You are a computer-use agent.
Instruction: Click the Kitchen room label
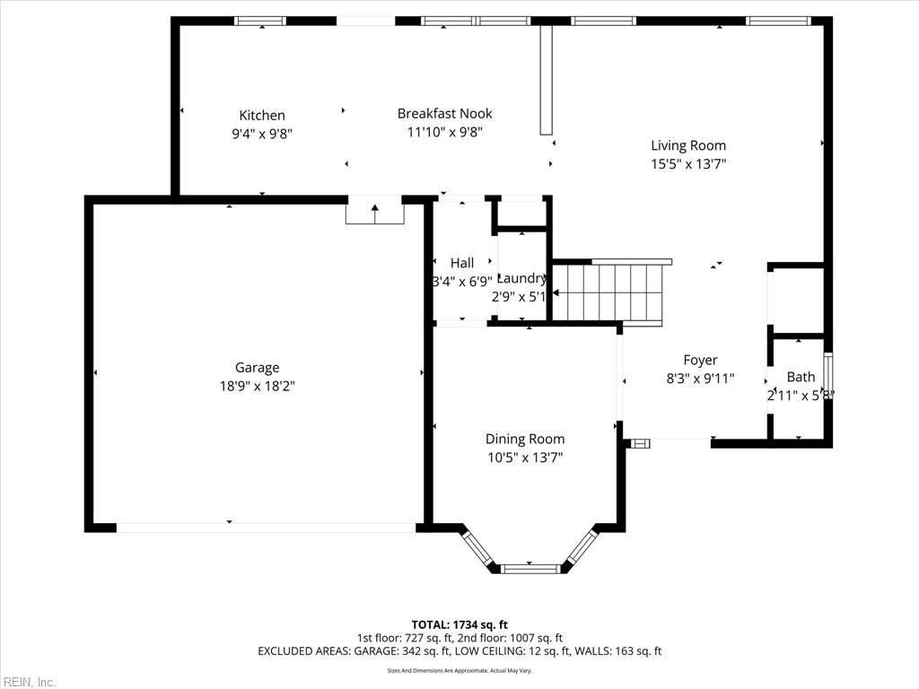pyautogui.click(x=261, y=115)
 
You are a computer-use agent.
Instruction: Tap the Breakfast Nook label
pyautogui.click(x=444, y=113)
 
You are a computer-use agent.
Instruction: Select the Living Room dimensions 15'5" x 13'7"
pyautogui.click(x=687, y=164)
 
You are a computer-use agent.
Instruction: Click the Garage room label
pyautogui.click(x=257, y=367)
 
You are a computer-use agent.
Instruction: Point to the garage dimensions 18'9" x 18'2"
pyautogui.click(x=257, y=387)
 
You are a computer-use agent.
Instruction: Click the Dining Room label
pyautogui.click(x=525, y=439)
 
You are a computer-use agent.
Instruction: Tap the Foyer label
pyautogui.click(x=700, y=360)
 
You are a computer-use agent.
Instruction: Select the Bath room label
pyautogui.click(x=801, y=377)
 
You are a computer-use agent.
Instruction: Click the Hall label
pyautogui.click(x=462, y=263)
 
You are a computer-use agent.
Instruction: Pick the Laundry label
pyautogui.click(x=521, y=278)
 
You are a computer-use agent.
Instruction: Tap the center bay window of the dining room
pyautogui.click(x=530, y=567)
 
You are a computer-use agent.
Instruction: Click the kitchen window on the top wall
pyautogui.click(x=260, y=21)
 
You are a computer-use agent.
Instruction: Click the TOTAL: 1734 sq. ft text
pyautogui.click(x=459, y=624)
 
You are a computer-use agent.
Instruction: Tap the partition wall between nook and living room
pyautogui.click(x=546, y=79)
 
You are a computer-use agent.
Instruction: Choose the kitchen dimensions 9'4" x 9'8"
pyautogui.click(x=261, y=134)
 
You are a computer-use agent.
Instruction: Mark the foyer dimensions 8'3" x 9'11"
pyautogui.click(x=700, y=379)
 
